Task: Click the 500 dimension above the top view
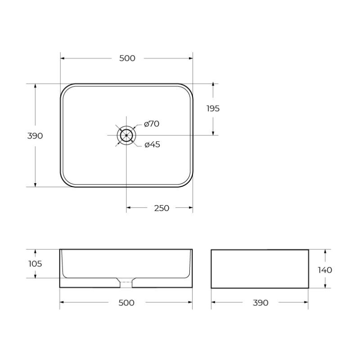127,58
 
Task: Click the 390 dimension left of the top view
35,136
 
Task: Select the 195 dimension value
213,108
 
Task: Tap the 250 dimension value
162,208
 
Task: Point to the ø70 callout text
152,124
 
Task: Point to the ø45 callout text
152,144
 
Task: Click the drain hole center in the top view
126,135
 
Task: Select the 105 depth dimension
35,264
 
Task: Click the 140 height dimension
324,270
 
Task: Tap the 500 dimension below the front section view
126,303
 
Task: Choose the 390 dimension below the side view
260,303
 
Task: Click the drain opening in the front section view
126,283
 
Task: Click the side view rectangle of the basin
260,269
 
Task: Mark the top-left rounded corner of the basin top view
66,89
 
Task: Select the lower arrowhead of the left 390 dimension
35,184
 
